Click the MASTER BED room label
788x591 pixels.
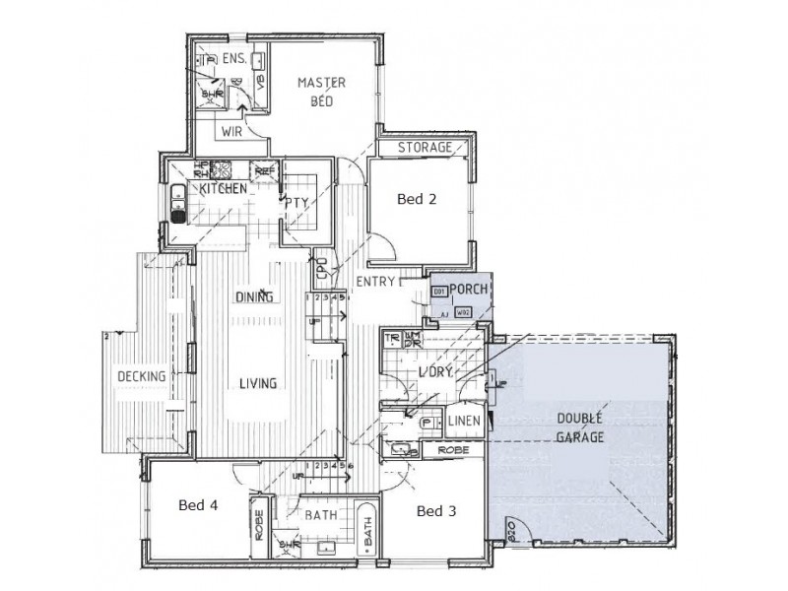click(322, 92)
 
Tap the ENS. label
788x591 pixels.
click(234, 60)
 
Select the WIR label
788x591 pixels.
click(232, 130)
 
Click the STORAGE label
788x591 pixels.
click(425, 148)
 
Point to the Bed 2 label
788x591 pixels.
click(417, 199)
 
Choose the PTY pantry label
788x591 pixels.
click(297, 204)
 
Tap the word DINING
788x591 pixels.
click(253, 297)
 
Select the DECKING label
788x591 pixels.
click(140, 376)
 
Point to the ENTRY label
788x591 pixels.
click(375, 283)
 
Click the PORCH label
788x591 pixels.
click(470, 289)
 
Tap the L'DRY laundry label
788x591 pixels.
click(434, 371)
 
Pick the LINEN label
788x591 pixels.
click(464, 422)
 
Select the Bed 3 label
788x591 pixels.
click(436, 511)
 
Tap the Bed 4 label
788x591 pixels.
click(198, 505)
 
